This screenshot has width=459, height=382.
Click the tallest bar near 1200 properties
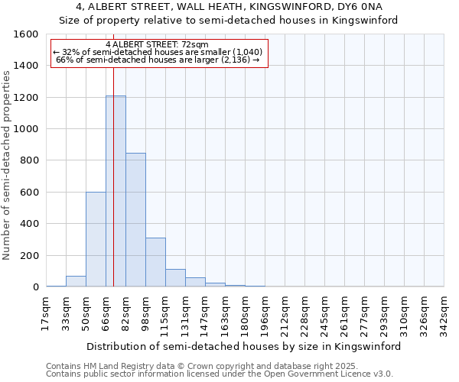click(116, 191)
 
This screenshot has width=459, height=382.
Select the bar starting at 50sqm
click(96, 239)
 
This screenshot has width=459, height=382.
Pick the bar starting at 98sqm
click(155, 262)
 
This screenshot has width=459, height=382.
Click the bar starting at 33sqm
click(76, 281)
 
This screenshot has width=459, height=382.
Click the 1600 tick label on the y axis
click(26, 34)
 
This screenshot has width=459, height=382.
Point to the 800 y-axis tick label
click(29, 160)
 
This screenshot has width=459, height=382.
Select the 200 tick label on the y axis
click(29, 255)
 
